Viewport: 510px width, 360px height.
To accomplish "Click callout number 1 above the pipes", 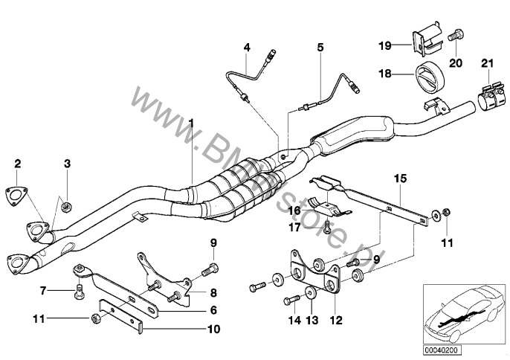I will pos(191,122).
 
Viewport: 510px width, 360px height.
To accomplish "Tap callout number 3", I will pos(66,163).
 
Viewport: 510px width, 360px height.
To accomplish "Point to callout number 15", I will pos(399,179).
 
